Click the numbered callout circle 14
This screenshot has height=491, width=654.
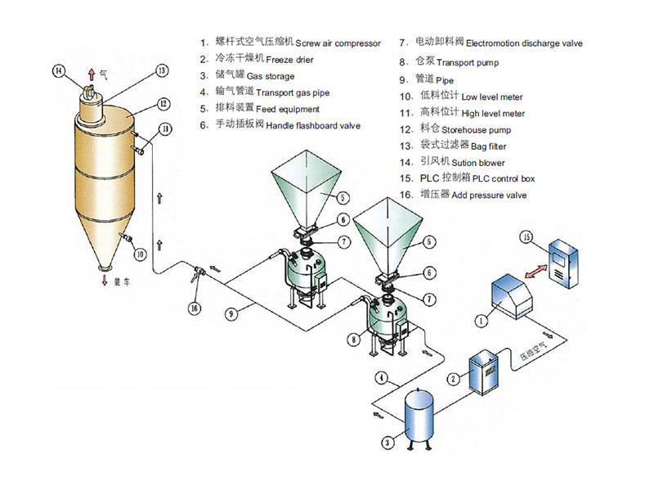coord(59,70)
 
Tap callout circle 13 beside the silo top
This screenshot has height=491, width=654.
coord(162,71)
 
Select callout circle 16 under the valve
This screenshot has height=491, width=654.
coord(194,308)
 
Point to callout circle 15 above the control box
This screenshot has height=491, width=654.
coord(526,237)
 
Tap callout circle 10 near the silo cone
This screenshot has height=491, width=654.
coord(139,254)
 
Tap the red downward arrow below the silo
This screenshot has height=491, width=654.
coord(103,281)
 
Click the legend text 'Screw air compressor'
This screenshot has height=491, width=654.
coord(338,43)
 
